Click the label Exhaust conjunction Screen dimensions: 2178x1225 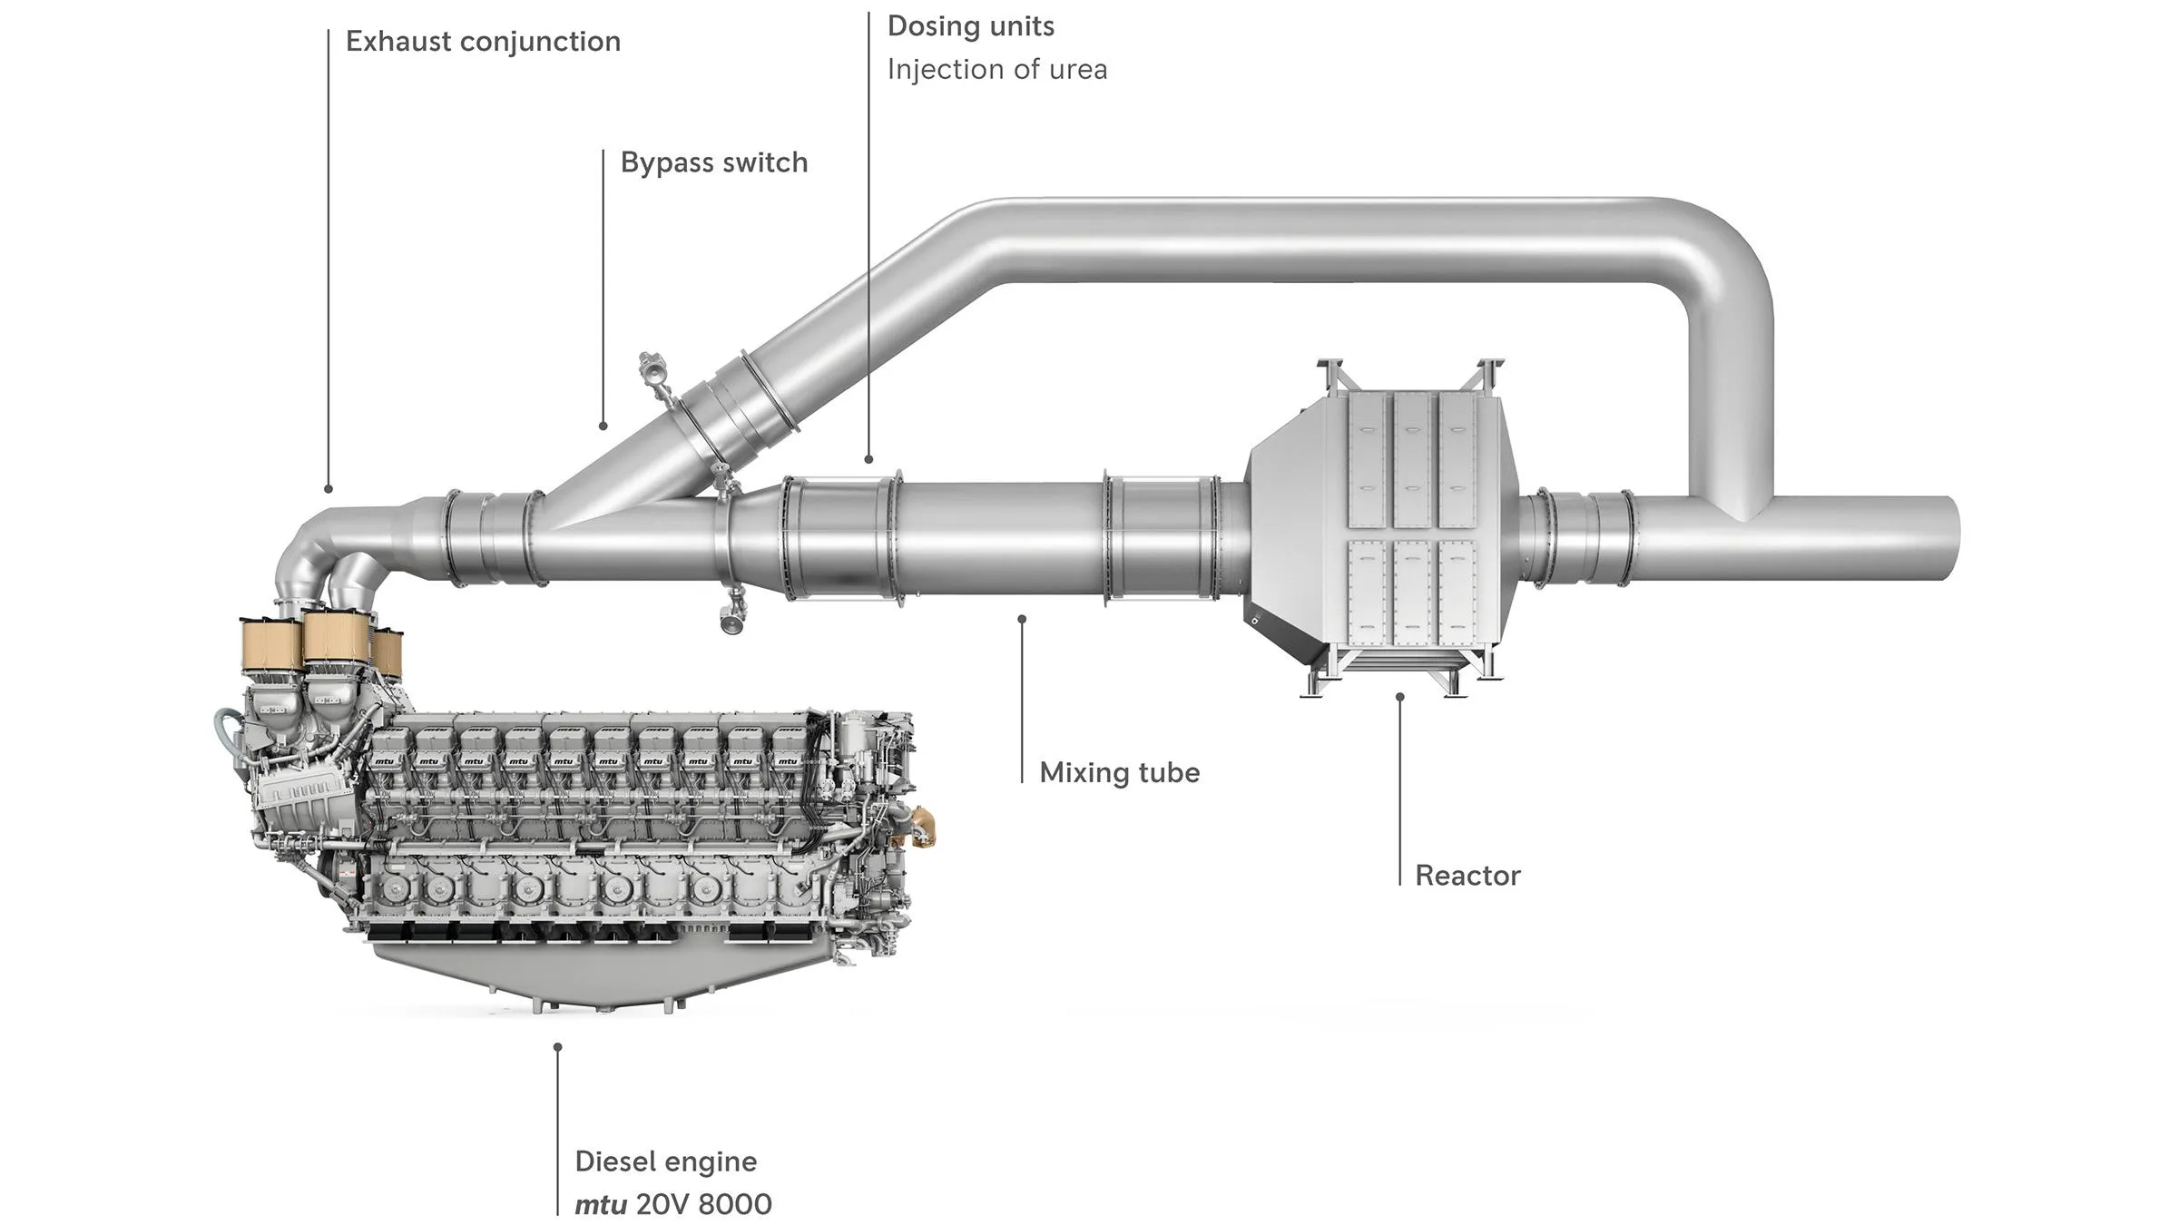tap(483, 42)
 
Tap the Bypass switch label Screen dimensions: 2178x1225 tap(714, 163)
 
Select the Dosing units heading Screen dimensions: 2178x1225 tap(971, 27)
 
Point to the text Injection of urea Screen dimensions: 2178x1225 tap(997, 70)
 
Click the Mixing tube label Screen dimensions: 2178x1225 tap(1120, 773)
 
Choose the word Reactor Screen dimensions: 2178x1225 tap(1467, 876)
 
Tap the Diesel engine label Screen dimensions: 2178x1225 tap(666, 1162)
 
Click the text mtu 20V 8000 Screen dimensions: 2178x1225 tap(673, 1205)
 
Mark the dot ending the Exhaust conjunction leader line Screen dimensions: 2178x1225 tap(329, 489)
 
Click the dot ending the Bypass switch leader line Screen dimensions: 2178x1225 tap(603, 426)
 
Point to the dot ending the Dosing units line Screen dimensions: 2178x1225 tap(868, 460)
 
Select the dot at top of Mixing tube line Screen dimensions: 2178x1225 tap(1022, 619)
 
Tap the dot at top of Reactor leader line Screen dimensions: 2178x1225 tap(1399, 697)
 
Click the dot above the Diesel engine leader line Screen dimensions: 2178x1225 tap(557, 1047)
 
